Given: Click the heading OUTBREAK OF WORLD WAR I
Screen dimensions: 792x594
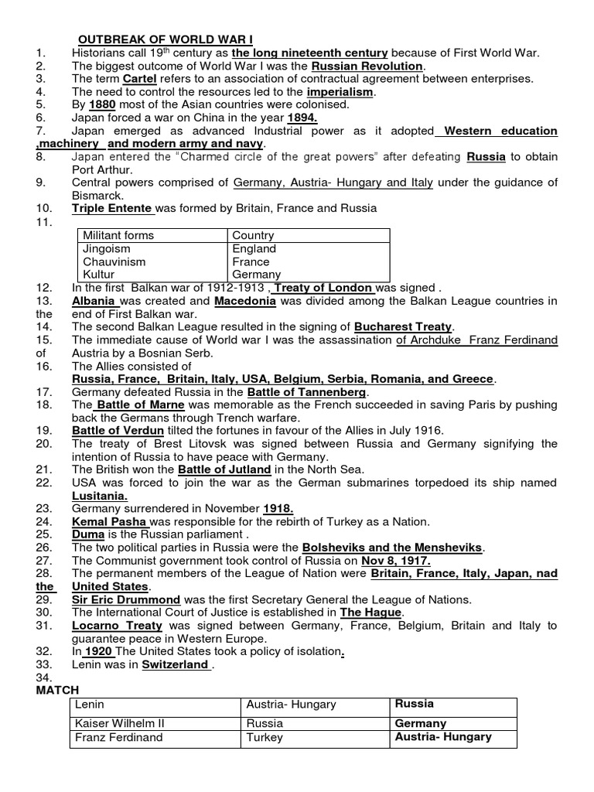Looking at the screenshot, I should tap(165, 39).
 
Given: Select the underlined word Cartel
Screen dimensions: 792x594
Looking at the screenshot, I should tap(141, 79).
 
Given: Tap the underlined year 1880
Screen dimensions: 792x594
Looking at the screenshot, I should tap(101, 104).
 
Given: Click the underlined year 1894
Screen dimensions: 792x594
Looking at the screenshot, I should tap(302, 118).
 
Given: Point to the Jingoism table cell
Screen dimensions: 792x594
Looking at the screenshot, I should tap(107, 249).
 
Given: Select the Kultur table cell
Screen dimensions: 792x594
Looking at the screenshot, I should tap(99, 275).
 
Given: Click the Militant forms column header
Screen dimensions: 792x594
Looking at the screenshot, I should tap(118, 235).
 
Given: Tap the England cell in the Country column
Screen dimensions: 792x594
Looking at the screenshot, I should tap(254, 249).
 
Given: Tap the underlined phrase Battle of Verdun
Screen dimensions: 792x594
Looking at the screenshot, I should tap(118, 430).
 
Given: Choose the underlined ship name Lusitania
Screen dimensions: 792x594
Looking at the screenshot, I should tap(100, 496).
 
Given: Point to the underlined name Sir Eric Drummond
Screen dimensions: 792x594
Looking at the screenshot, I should tap(126, 599).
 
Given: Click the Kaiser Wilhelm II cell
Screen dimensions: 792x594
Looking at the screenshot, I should tap(119, 724).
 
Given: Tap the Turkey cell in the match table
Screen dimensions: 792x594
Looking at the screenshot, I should tap(265, 737).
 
